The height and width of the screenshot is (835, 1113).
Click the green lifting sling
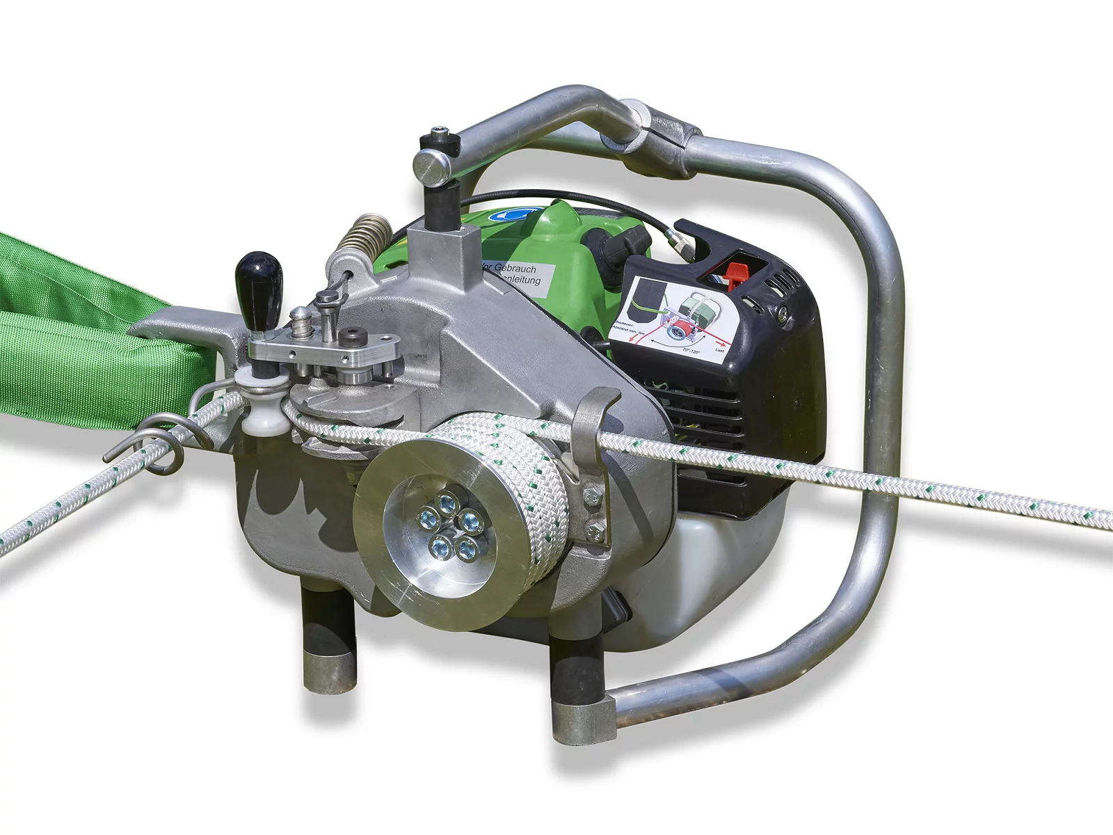click(x=70, y=334)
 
